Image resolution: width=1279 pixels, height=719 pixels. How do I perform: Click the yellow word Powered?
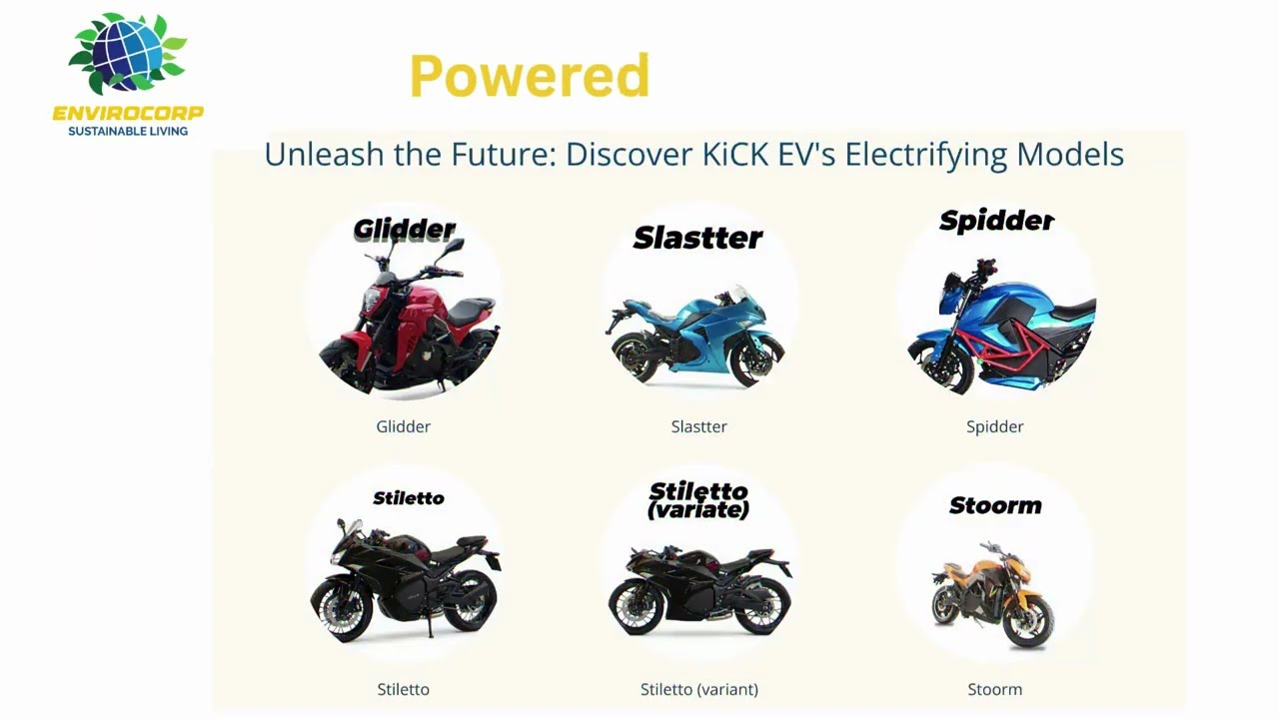530,76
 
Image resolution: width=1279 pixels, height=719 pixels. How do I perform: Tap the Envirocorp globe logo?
128,55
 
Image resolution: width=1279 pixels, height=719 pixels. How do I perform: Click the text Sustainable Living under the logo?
128,131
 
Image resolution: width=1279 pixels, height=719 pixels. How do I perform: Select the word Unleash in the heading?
316,155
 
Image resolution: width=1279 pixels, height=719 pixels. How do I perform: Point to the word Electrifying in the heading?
925,155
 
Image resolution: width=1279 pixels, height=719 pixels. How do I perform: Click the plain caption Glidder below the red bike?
403,426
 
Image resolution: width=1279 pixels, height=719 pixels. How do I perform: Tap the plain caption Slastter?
698,426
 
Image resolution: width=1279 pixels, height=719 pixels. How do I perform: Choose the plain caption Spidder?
994,426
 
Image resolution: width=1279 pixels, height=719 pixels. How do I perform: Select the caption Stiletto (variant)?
698,689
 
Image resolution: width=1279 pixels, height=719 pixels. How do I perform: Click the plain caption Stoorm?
994,689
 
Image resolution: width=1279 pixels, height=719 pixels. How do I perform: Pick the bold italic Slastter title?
697,238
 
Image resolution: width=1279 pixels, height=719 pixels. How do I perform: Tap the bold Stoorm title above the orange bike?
995,505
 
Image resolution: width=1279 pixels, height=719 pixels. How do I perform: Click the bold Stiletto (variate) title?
698,500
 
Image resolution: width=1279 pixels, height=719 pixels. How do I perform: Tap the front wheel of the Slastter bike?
756,361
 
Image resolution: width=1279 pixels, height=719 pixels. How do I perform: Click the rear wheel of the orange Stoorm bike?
948,603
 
